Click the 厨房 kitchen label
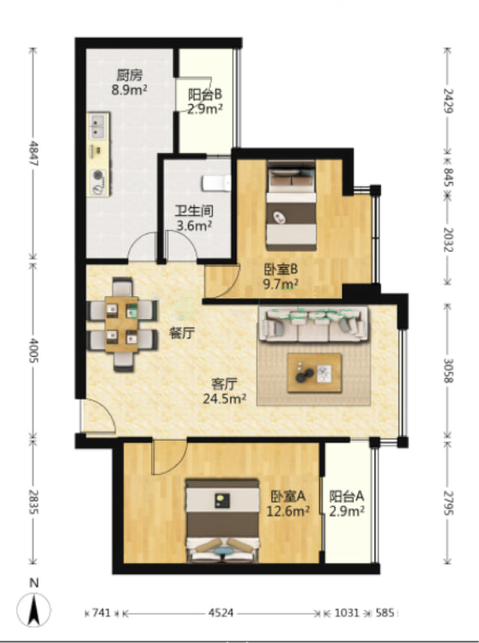click(x=129, y=75)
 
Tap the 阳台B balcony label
click(x=205, y=94)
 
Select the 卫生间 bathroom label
click(x=195, y=211)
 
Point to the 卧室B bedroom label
click(x=280, y=269)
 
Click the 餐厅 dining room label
click(x=182, y=333)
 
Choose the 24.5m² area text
click(x=225, y=399)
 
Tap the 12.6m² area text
click(x=288, y=511)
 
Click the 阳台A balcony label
click(x=346, y=497)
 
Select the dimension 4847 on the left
click(x=34, y=154)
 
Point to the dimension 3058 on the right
click(x=448, y=370)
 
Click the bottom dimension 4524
click(x=221, y=613)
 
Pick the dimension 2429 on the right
click(x=448, y=101)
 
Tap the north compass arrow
click(x=34, y=610)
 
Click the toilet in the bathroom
click(x=216, y=183)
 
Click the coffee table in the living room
click(x=315, y=373)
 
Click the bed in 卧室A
click(x=222, y=520)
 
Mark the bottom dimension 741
click(x=102, y=613)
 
